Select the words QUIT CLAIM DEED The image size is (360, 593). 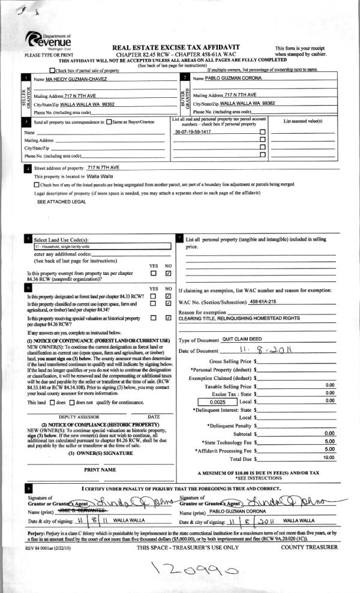(244, 339)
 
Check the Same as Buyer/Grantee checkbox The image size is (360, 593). (108, 122)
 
